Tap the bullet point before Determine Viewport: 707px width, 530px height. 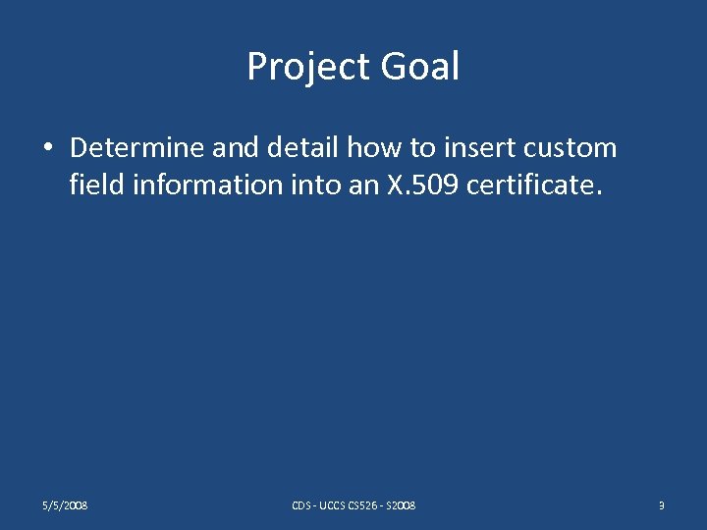point(47,149)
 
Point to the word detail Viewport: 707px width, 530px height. point(294,148)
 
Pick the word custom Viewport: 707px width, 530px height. point(571,148)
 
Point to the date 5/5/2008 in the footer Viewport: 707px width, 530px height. point(65,505)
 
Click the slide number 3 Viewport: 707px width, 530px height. point(662,505)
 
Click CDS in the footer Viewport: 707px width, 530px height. point(301,505)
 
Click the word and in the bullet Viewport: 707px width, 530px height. point(232,148)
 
